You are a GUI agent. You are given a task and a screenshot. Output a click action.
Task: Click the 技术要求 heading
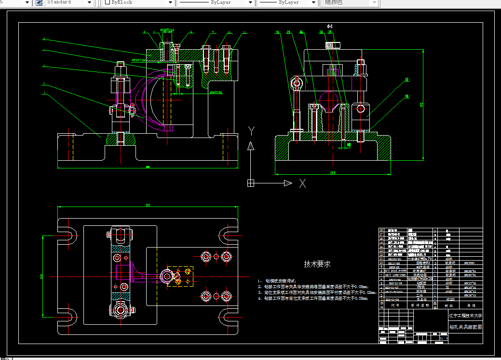pyautogui.click(x=317, y=264)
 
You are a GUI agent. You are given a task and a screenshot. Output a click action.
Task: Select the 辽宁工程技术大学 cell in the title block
pyautogui.click(x=465, y=316)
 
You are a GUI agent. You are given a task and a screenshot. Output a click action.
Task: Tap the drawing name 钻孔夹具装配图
pyautogui.click(x=465, y=327)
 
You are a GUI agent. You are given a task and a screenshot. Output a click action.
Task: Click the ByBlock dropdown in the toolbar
pyautogui.click(x=138, y=2)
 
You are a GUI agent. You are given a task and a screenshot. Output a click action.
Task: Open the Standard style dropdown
pyautogui.click(x=69, y=2)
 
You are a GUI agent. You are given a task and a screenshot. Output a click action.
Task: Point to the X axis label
pyautogui.click(x=303, y=183)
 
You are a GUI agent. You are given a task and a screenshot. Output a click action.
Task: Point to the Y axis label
pyautogui.click(x=251, y=130)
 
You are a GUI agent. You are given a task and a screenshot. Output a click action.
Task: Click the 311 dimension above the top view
pyautogui.click(x=148, y=205)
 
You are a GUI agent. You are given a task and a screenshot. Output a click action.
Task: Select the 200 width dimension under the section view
pyautogui.click(x=332, y=172)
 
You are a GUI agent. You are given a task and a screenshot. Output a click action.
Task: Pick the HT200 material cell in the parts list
pyautogui.click(x=449, y=300)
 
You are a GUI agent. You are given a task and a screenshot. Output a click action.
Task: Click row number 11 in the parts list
pyautogui.click(x=381, y=259)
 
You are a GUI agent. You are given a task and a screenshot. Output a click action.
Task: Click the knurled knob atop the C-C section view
pyautogui.click(x=333, y=45)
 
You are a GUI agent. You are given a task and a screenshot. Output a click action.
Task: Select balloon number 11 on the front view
pyautogui.click(x=244, y=33)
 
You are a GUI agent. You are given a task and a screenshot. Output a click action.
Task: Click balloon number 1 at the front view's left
pyautogui.click(x=44, y=93)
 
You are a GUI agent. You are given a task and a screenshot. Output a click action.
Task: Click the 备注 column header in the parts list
pyautogui.click(x=471, y=305)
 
